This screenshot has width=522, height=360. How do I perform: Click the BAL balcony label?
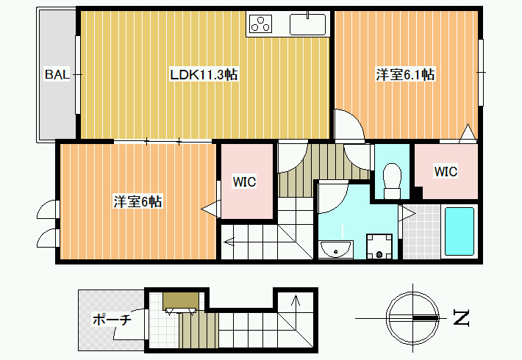coord(57,74)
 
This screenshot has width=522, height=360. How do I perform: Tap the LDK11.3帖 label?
coord(204,74)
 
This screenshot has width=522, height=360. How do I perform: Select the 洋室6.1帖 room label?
coord(405,74)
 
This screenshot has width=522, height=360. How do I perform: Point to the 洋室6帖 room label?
coord(137,201)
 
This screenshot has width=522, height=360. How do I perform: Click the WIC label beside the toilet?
coord(446,172)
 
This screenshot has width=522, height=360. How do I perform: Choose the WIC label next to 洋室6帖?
coord(244,182)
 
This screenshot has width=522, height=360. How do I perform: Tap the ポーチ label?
coord(112,320)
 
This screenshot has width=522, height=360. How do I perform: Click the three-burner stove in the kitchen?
coord(260,24)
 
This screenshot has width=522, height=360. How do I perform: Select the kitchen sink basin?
coord(307,24)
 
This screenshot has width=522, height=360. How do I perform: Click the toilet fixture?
coord(392,181)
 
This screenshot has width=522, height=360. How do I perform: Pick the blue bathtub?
coord(460,231)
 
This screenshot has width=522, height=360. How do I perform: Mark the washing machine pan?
coord(379,247)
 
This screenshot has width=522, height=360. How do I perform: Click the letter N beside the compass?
coord(462,317)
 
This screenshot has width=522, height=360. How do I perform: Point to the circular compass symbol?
coord(412,318)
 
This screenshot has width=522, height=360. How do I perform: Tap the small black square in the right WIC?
coord(418,192)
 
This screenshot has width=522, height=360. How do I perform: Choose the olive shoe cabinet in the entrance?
coord(181,300)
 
